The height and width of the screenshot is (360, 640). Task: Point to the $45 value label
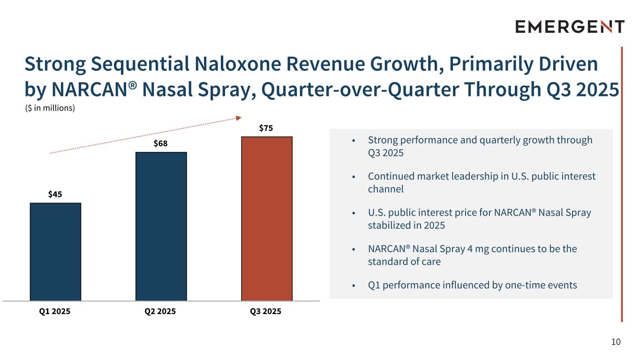pos(55,194)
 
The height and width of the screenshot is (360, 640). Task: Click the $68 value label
pos(161,143)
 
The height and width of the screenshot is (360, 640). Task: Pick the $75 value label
pos(267,128)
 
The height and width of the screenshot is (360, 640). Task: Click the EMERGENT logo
pos(570,27)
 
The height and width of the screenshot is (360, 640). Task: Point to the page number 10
pos(616,342)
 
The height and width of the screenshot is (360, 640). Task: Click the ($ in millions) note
pos(50,108)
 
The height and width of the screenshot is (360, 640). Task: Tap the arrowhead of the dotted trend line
pos(239,118)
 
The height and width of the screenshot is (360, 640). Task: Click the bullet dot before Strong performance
pos(354,141)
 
